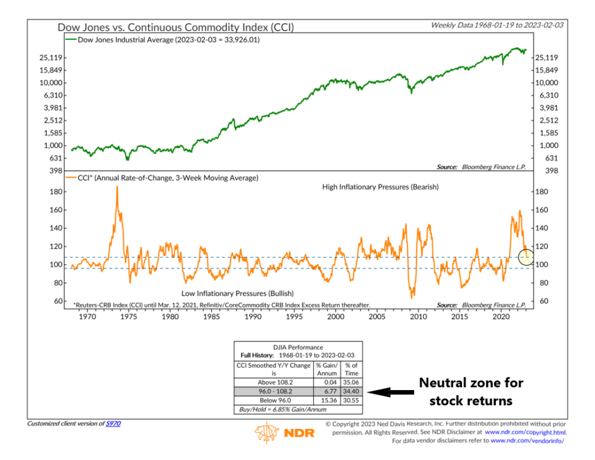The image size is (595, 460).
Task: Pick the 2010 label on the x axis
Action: click(418, 317)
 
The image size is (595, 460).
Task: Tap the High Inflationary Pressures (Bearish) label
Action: click(380, 187)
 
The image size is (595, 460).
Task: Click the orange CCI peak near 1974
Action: click(117, 188)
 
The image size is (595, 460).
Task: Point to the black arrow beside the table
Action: click(391, 393)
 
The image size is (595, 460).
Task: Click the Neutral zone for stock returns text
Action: click(471, 392)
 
